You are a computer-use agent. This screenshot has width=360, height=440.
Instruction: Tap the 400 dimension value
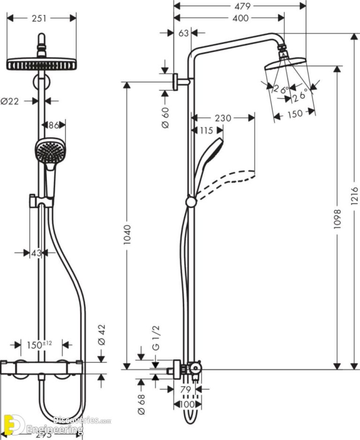pos(240,18)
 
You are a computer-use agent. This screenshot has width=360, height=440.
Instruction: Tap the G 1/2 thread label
pos(156,341)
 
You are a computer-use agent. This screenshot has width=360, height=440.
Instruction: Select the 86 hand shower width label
pos(54,125)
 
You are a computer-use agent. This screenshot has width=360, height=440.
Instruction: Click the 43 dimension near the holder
pos(36,253)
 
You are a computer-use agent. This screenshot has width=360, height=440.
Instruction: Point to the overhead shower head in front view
pos(41,63)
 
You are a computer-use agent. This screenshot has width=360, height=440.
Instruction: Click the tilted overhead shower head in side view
pos(285,65)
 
